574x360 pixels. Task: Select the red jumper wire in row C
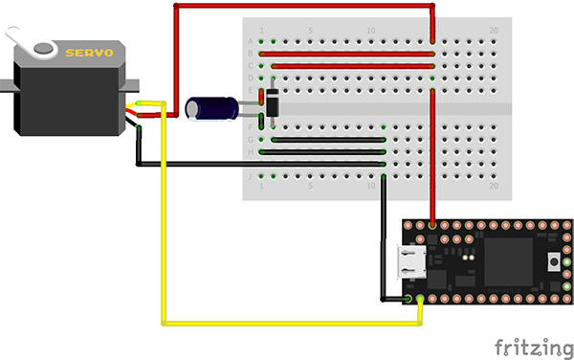353,66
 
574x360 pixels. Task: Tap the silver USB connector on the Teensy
412,262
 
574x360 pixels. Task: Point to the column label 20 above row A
493,31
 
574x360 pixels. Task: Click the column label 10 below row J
371,186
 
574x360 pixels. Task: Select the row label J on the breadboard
251,176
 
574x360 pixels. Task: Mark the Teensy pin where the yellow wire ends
420,300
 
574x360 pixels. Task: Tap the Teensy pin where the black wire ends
408,300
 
